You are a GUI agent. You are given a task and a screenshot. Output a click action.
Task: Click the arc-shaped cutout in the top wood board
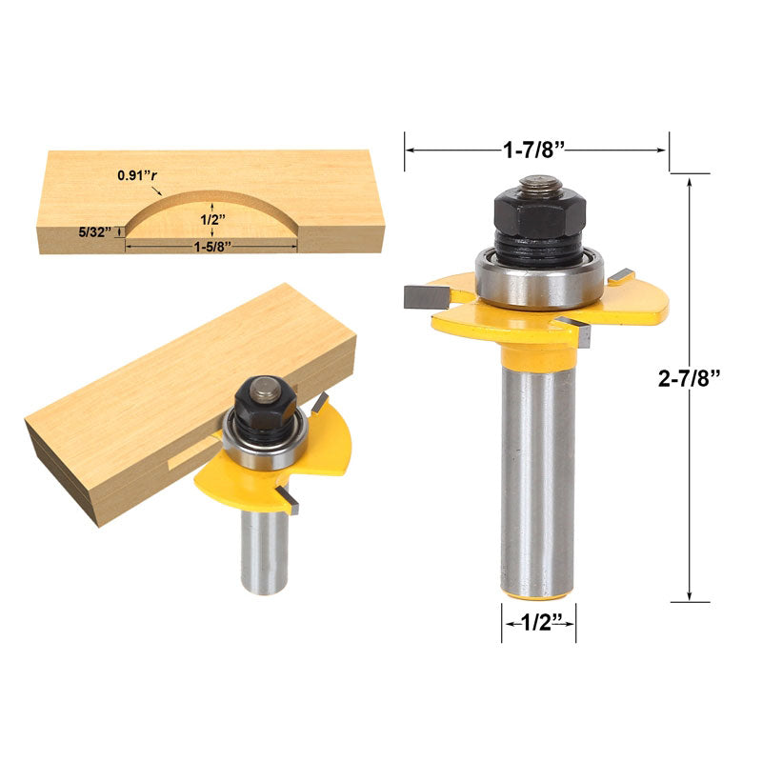(x=211, y=214)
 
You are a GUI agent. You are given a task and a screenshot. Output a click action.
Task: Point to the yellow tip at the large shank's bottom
(x=538, y=595)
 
